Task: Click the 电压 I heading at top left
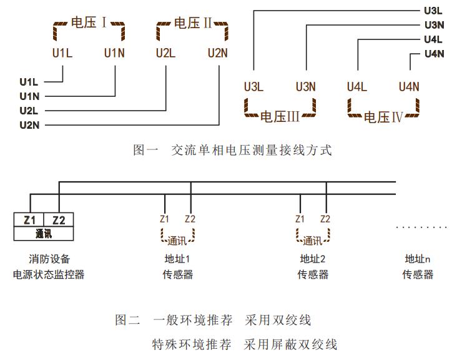89,24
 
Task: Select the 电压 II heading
193,24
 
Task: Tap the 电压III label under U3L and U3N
280,117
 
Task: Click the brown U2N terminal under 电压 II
218,53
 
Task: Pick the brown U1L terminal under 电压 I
62,53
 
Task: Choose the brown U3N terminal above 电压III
306,87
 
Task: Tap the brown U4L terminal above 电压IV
357,87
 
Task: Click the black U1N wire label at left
29,96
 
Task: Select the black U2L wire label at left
29,111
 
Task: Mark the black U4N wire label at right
434,54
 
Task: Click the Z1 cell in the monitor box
29,219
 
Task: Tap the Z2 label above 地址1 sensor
190,219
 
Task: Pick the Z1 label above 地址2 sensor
300,219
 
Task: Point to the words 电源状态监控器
49,274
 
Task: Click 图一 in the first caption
145,150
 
